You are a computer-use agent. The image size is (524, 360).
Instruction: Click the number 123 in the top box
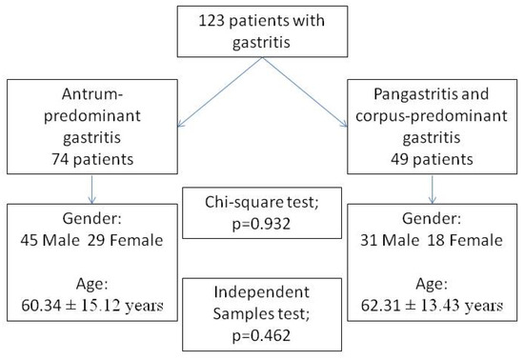pos(212,21)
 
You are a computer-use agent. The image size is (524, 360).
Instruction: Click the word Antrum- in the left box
pos(92,94)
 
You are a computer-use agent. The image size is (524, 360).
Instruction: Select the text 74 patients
pos(92,159)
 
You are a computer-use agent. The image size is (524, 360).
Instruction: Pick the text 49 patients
pos(433,159)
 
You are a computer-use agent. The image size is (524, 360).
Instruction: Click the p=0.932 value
pos(261,224)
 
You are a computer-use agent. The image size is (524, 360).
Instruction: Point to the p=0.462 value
pos(261,335)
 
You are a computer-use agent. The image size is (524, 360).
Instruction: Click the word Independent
pos(262,291)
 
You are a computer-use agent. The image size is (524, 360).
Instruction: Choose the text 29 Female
pos(126,240)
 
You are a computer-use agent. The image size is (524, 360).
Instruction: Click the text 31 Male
pos(390,240)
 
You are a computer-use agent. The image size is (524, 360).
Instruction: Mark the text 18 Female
pos(465,240)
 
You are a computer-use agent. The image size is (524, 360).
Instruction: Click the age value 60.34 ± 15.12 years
pos(92,305)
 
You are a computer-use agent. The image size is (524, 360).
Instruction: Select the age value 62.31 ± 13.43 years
pos(433,305)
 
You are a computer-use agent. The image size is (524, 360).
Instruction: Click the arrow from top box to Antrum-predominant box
pos(220,92)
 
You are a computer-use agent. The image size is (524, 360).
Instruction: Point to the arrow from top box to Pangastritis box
pos(305,92)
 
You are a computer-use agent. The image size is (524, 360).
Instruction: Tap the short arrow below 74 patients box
pos(91,190)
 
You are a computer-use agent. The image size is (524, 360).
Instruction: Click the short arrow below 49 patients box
pos(433,190)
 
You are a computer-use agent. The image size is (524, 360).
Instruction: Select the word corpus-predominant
pos(432,116)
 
